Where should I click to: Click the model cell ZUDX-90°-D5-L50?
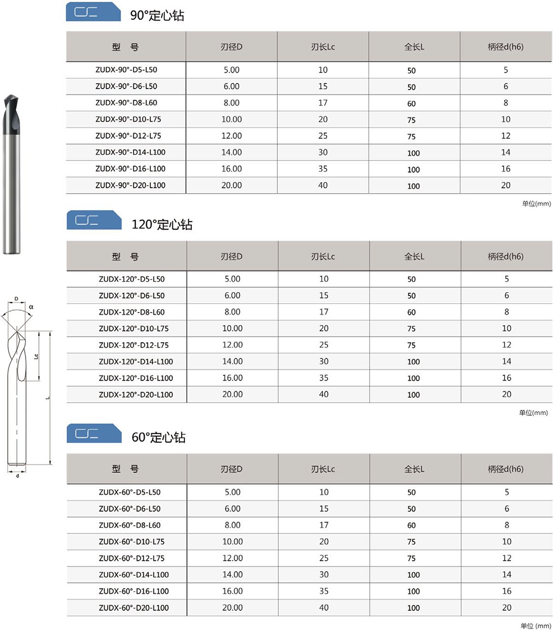[x=126, y=70]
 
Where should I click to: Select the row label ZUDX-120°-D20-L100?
[x=135, y=394]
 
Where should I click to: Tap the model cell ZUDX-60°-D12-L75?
[x=131, y=558]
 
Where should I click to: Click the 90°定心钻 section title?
[x=157, y=15]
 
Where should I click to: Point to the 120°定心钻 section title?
[x=162, y=224]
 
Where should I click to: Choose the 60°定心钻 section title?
[x=159, y=437]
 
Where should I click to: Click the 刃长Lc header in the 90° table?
[x=323, y=47]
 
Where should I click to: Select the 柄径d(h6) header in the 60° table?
[x=506, y=469]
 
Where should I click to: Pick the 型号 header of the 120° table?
[x=125, y=257]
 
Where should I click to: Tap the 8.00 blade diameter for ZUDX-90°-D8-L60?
[x=231, y=103]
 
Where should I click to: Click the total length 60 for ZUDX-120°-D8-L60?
[x=412, y=312]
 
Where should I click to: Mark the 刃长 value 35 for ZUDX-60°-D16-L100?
[x=324, y=591]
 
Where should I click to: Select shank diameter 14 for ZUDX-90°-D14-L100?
[x=506, y=152]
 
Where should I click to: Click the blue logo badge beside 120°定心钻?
[x=94, y=220]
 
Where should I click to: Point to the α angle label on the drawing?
[x=31, y=307]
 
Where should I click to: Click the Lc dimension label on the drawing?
[x=36, y=356]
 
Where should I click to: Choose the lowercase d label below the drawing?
[x=18, y=476]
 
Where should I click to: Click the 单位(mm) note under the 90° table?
[x=536, y=204]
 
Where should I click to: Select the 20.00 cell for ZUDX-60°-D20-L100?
[x=232, y=607]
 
